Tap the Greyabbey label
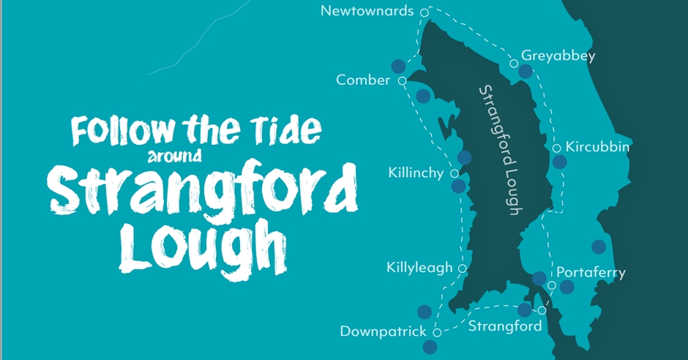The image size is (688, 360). click(x=558, y=56)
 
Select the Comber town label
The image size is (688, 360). click(x=363, y=80)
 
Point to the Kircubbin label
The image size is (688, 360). click(x=598, y=147)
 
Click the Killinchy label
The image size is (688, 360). click(x=416, y=173)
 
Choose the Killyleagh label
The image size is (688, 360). click(x=419, y=268)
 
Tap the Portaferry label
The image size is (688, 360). click(x=591, y=272)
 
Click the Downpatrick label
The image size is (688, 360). click(x=383, y=331)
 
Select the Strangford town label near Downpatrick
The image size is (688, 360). click(x=505, y=326)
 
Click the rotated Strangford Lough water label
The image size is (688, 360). click(x=500, y=150)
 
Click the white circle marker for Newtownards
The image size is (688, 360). click(x=424, y=12)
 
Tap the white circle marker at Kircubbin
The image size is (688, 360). click(x=557, y=148)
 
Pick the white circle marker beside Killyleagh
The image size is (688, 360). click(x=463, y=269)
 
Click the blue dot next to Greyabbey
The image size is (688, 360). click(x=525, y=71)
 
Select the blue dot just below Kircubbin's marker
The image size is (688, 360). click(x=559, y=162)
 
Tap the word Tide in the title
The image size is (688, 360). click(x=283, y=130)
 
